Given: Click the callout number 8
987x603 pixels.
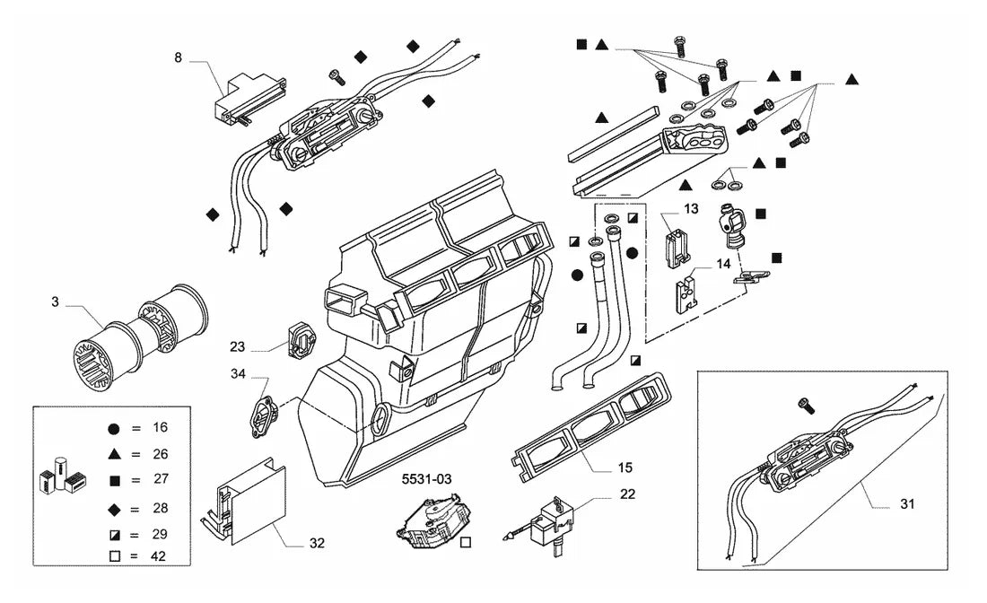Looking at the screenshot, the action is [x=179, y=58].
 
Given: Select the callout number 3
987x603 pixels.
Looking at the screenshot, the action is [x=55, y=302].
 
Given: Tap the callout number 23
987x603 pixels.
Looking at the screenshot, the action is [x=237, y=347].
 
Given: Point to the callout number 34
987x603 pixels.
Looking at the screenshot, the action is [x=238, y=374].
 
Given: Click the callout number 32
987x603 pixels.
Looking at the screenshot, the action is [x=317, y=543].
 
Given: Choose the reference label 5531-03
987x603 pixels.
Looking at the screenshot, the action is [x=427, y=480].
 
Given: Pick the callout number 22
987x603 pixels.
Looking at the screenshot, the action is [x=627, y=494].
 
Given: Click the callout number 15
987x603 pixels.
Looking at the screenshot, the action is [x=625, y=468].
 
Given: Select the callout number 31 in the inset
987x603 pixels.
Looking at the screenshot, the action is [x=907, y=504].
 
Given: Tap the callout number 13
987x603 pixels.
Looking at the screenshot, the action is [x=691, y=209].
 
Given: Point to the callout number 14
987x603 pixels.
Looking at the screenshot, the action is [x=723, y=264].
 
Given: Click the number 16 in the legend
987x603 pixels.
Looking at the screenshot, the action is [x=161, y=427].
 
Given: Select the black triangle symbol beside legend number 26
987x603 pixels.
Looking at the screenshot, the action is [x=114, y=454].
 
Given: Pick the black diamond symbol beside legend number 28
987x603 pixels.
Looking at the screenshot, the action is [x=115, y=509].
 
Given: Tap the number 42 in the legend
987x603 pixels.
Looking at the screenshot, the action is [x=159, y=556].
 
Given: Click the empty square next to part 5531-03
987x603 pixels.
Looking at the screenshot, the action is [x=466, y=543].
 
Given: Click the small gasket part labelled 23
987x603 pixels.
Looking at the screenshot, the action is [x=300, y=340].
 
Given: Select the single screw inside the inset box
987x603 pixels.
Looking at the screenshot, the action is [x=806, y=406].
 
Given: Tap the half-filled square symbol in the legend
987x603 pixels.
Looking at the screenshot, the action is [x=115, y=536].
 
